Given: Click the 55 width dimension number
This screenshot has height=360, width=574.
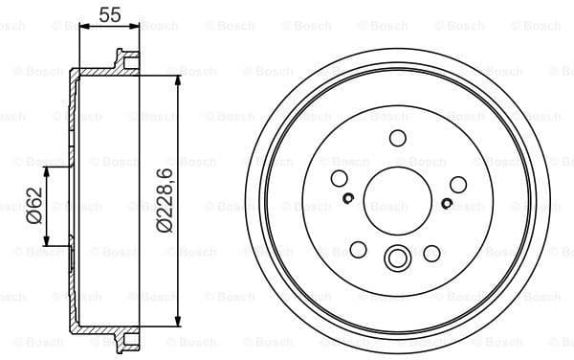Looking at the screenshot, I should click(x=109, y=13).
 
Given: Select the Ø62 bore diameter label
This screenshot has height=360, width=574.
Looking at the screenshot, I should click(x=33, y=207).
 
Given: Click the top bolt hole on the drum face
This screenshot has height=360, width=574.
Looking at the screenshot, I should click(x=398, y=139).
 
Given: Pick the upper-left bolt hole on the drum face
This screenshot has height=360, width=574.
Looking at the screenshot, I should click(x=339, y=179).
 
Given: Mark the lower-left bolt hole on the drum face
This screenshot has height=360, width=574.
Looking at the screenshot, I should click(x=359, y=250).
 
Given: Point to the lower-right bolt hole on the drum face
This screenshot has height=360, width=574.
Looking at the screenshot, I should click(x=431, y=253).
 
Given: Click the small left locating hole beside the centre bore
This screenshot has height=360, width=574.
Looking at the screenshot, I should click(x=348, y=199).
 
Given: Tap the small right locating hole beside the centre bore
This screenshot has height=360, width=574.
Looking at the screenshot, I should click(x=448, y=203).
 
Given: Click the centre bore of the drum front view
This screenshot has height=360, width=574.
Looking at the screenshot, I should click(x=398, y=204).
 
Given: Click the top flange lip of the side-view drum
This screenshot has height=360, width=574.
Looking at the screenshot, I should click(x=121, y=59).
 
